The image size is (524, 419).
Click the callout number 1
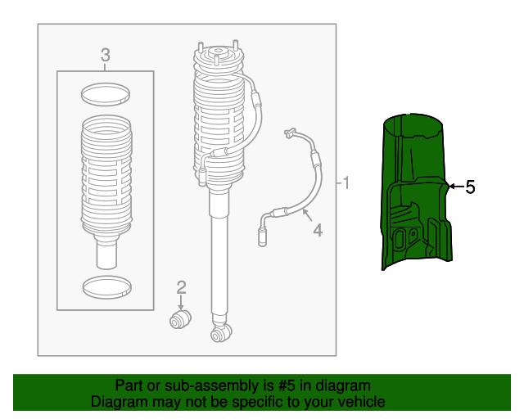(346, 182)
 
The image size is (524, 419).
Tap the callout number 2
(181, 286)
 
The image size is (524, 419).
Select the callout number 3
(105, 55)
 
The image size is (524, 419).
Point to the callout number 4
(317, 231)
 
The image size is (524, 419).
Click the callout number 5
(470, 187)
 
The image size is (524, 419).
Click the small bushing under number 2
(179, 318)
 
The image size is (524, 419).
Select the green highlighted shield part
(414, 196)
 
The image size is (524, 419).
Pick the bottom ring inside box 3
(105, 286)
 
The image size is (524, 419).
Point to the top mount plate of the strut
(218, 59)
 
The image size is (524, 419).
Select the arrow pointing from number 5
(454, 187)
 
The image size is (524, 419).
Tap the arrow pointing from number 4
(305, 216)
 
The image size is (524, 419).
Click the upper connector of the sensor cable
(289, 132)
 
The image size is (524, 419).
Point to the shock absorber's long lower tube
(220, 262)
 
